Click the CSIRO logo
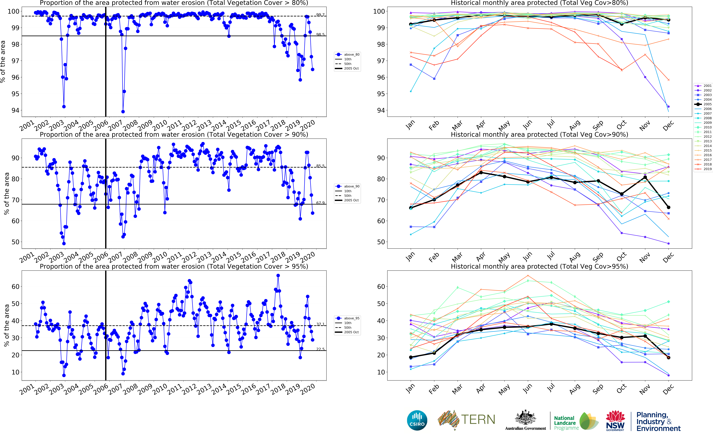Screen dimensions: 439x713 (x=417, y=420)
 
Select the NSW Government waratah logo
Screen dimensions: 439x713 (x=615, y=420)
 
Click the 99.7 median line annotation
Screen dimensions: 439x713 (x=320, y=15)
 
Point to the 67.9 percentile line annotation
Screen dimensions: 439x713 (x=320, y=203)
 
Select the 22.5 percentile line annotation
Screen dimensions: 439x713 (x=320, y=349)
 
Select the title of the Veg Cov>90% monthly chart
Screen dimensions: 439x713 (x=539, y=135)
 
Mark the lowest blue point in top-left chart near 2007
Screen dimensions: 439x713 (x=123, y=111)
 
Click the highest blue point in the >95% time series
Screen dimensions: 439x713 (x=278, y=276)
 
